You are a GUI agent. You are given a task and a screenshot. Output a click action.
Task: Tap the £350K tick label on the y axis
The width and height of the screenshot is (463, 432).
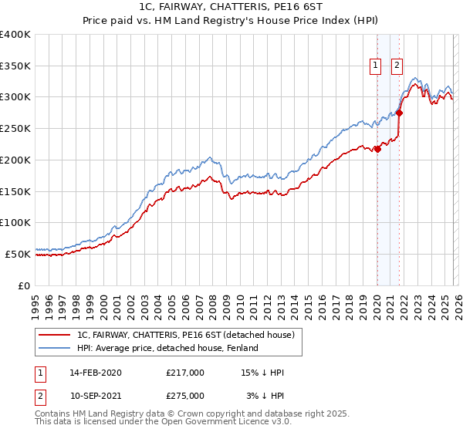(x=15, y=66)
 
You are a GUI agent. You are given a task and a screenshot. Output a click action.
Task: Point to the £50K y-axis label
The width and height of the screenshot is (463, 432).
(x=18, y=254)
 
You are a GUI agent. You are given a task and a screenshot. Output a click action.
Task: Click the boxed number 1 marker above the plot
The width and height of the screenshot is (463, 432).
(x=376, y=66)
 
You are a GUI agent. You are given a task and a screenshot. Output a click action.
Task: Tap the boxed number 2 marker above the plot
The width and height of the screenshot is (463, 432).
(x=397, y=66)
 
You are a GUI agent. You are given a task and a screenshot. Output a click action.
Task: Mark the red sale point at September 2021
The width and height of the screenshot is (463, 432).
(x=399, y=113)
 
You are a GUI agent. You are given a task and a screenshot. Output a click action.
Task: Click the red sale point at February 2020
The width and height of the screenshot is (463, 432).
(x=377, y=149)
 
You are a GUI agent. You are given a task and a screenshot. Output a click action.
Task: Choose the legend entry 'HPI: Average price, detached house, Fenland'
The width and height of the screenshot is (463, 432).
(x=184, y=349)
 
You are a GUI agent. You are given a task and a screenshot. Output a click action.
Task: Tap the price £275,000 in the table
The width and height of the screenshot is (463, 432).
(x=185, y=395)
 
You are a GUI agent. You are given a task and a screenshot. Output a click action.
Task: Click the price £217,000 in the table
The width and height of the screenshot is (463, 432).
(x=185, y=373)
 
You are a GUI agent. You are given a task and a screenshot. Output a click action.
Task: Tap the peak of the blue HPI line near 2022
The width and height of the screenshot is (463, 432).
(x=415, y=78)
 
